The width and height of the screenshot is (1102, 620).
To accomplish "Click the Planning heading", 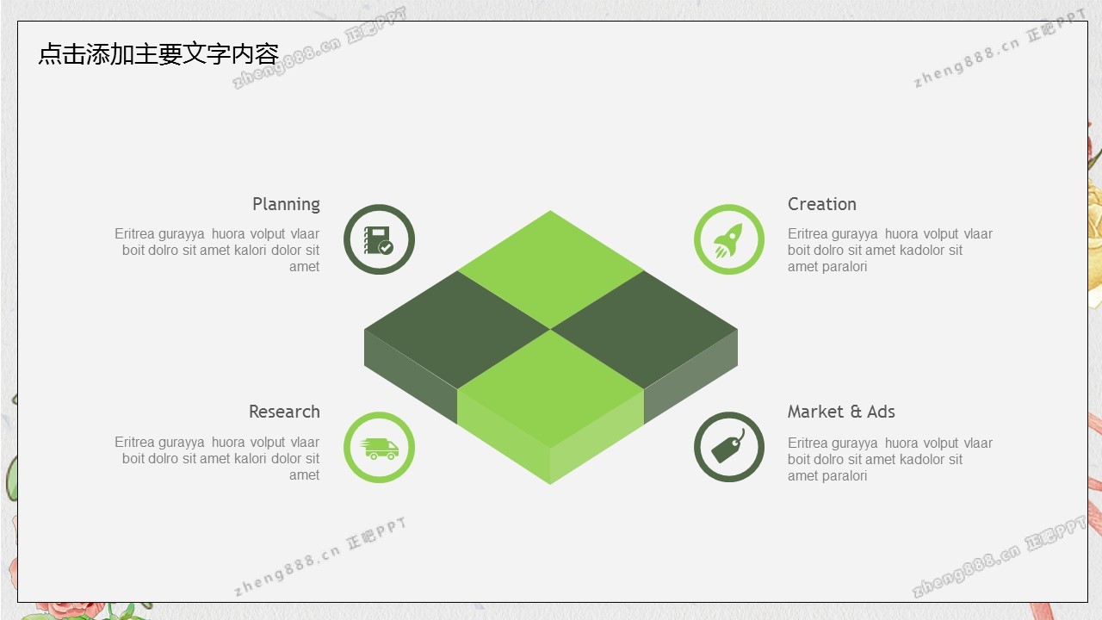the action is pyautogui.click(x=286, y=205).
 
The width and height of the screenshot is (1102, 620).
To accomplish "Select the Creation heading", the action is pyautogui.click(x=821, y=204).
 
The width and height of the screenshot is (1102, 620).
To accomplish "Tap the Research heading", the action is pyautogui.click(x=284, y=412).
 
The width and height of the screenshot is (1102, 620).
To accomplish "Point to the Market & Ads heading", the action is pyautogui.click(x=841, y=412).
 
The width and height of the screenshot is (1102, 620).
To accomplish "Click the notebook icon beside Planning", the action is pyautogui.click(x=378, y=240).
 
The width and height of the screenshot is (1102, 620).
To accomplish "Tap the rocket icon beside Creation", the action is pyautogui.click(x=728, y=240).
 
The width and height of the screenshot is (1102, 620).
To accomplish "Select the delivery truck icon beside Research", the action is pyautogui.click(x=379, y=449).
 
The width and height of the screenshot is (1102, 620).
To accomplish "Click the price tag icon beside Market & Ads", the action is pyautogui.click(x=728, y=446).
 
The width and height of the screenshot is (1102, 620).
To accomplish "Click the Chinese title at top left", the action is pyautogui.click(x=158, y=53).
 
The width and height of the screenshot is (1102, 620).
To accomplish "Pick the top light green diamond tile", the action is pyautogui.click(x=550, y=270).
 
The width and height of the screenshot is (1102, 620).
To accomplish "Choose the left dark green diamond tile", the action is pyautogui.click(x=456, y=330).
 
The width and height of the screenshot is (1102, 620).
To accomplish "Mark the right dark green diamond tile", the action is pyautogui.click(x=644, y=330).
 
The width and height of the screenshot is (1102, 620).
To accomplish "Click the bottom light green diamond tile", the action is pyautogui.click(x=550, y=388).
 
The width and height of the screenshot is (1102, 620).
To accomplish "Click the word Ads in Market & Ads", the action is pyautogui.click(x=881, y=412).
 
